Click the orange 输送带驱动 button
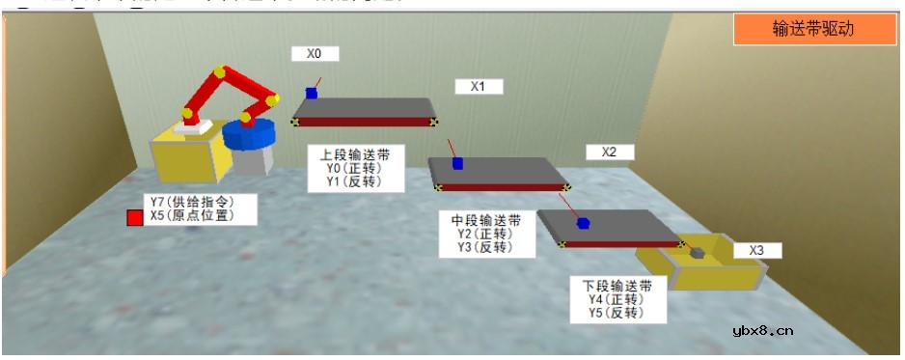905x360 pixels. [812, 29]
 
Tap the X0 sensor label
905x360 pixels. [315, 54]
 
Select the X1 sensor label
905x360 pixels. [479, 87]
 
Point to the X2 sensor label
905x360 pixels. [609, 152]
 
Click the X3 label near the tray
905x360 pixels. [757, 251]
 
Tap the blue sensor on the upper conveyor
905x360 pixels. [312, 93]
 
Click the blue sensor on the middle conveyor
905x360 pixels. [457, 163]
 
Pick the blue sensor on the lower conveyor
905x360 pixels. [583, 223]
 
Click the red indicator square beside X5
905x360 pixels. [135, 218]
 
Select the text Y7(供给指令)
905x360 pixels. [190, 202]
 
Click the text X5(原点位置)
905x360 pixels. [190, 216]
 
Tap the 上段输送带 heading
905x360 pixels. [348, 154]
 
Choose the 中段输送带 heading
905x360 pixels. [486, 220]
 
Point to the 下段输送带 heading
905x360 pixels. [617, 286]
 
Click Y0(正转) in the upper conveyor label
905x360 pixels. [348, 168]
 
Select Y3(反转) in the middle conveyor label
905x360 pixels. [486, 247]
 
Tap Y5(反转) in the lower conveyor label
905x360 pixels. [617, 313]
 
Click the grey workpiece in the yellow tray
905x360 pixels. [697, 253]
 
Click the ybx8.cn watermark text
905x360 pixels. [763, 331]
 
